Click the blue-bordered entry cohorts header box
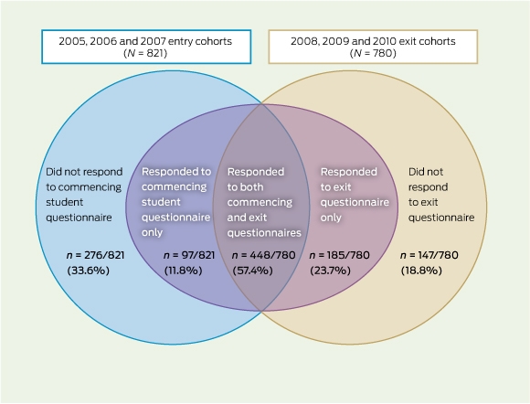click(x=146, y=47)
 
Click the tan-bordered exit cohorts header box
click(x=373, y=47)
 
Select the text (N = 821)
click(x=145, y=53)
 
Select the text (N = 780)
click(x=373, y=53)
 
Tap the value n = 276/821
click(x=95, y=255)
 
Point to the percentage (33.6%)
click(x=89, y=271)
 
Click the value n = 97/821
click(x=189, y=255)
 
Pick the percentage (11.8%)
click(x=183, y=271)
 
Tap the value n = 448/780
click(x=264, y=255)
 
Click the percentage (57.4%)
click(x=252, y=271)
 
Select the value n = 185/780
click(x=339, y=255)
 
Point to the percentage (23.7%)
click(x=330, y=271)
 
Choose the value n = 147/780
click(x=429, y=255)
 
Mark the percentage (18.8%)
click(x=421, y=271)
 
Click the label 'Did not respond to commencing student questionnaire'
click(x=84, y=195)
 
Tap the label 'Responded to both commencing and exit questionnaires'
click(x=264, y=202)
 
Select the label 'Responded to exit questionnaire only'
click(x=355, y=195)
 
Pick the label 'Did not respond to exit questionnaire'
click(x=441, y=195)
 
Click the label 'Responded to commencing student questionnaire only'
click(x=176, y=202)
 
